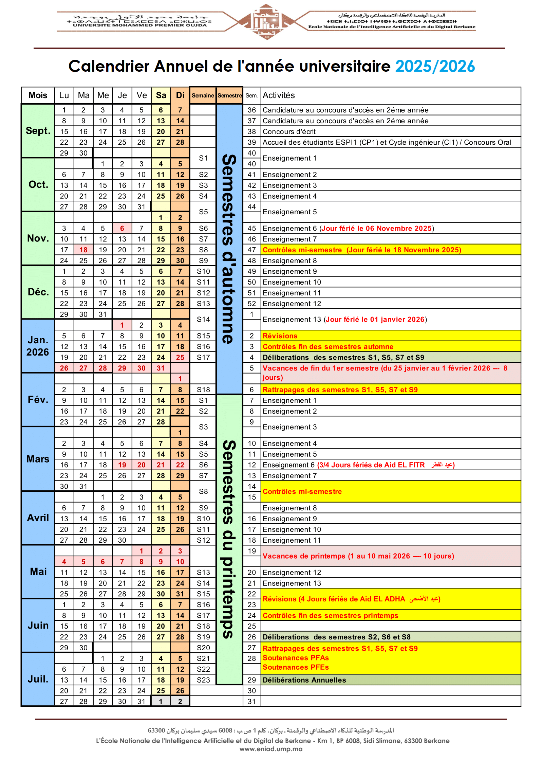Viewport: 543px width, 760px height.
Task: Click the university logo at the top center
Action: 267,22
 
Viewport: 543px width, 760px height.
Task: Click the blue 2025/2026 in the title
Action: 435,67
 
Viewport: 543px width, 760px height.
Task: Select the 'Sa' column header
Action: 161,95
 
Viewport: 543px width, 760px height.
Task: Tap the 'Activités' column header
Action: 279,95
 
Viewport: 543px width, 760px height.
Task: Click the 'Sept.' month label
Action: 38,131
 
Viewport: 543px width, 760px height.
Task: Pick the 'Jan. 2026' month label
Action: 38,346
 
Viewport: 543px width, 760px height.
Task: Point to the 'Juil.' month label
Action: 38,679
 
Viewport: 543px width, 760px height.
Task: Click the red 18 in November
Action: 83,250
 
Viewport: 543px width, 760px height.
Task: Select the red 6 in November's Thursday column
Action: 122,229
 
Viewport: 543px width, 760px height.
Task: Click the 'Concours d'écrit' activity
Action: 289,132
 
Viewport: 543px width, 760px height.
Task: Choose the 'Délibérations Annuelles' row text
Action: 304,680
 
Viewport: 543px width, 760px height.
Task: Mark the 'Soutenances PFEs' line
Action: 296,667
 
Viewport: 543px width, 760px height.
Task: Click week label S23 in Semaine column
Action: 203,680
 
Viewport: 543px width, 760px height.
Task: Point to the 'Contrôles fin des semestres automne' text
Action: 328,347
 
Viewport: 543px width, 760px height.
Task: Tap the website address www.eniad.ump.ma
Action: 271,749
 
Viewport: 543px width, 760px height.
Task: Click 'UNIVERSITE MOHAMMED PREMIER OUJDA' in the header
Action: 139,25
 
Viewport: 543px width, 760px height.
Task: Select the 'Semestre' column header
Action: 230,95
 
